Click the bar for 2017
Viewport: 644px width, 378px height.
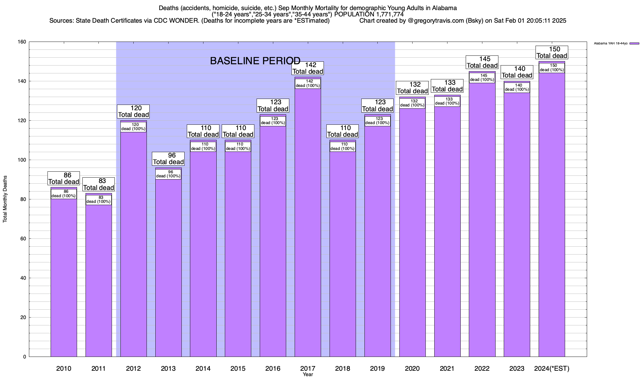[308, 220]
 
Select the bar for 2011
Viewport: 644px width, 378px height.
[98, 277]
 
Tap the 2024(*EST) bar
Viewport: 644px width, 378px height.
[552, 214]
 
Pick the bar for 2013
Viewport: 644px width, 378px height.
[168, 268]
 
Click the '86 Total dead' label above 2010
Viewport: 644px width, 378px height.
[64, 179]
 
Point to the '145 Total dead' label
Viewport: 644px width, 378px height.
[482, 62]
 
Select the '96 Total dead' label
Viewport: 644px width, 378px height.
[168, 159]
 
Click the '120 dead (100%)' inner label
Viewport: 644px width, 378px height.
[133, 127]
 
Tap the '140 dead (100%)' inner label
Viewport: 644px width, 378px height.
[517, 88]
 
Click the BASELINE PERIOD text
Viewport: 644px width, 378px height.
[255, 61]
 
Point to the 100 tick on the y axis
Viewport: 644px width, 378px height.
[22, 160]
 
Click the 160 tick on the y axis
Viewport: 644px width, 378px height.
[22, 42]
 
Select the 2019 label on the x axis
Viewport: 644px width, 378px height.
[377, 369]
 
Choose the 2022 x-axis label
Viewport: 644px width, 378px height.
[482, 369]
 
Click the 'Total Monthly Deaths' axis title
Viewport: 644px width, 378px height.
[5, 199]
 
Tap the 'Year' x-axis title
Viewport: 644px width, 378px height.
[308, 375]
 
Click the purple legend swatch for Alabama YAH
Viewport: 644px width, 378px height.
[634, 43]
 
